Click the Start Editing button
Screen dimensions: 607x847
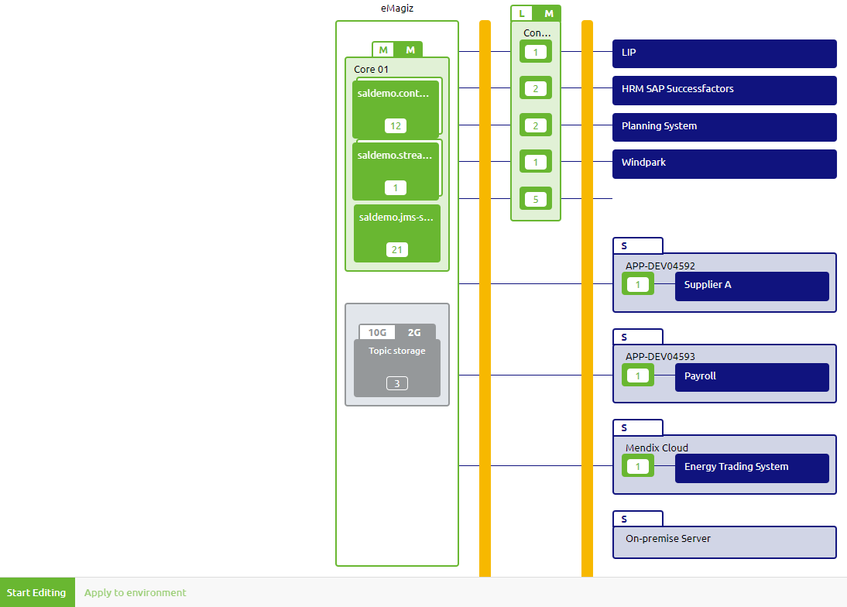tap(36, 592)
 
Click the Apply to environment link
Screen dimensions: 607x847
tap(135, 592)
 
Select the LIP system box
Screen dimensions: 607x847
tap(724, 53)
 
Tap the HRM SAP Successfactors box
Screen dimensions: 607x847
tap(724, 90)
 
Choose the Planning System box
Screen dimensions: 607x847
tap(724, 127)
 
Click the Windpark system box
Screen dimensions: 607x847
tap(724, 163)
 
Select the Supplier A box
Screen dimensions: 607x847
tap(751, 286)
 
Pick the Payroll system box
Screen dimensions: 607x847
tap(751, 377)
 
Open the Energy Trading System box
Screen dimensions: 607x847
tap(751, 468)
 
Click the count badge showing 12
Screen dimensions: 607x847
tap(395, 126)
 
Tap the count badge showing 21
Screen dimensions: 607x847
tap(396, 249)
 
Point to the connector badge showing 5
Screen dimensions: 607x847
tap(535, 199)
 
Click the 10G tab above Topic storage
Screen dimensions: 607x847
tap(377, 332)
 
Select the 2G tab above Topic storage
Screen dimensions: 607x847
tap(414, 332)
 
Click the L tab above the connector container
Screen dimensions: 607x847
tap(522, 13)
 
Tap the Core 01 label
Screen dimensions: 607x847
tap(371, 69)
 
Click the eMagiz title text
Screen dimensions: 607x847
tap(396, 9)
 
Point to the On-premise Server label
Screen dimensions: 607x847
tap(667, 538)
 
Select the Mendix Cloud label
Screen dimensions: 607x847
tap(657, 448)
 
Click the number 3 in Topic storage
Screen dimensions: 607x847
tap(396, 383)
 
